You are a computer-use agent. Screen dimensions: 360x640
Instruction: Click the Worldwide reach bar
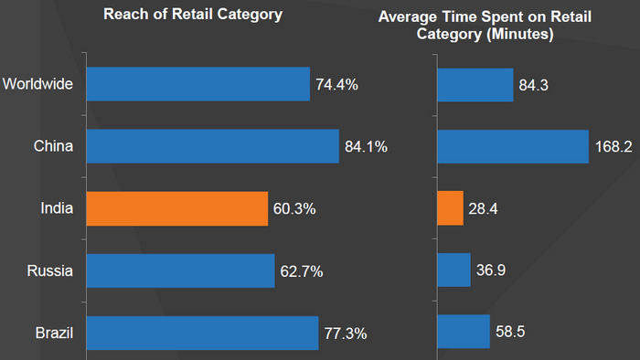197,84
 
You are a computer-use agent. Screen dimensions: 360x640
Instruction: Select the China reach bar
212,146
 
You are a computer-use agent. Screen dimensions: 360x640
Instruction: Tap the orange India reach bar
176,208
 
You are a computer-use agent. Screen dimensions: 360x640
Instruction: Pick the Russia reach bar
180,270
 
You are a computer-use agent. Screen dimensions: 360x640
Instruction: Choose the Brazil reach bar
202,333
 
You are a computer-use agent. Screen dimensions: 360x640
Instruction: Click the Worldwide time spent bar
475,84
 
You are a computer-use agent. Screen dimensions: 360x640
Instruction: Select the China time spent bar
512,146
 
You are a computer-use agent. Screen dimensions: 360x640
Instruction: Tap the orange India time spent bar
450,208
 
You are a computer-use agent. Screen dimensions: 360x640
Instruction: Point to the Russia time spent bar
453,270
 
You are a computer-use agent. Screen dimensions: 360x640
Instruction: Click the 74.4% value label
336,85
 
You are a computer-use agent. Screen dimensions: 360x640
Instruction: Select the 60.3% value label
294,209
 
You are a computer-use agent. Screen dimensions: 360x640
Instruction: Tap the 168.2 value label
613,147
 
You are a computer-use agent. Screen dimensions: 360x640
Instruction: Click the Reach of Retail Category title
193,15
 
